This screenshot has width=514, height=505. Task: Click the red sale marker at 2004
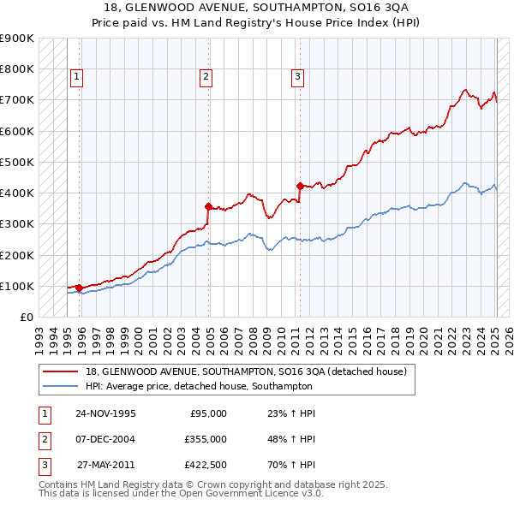coord(209,206)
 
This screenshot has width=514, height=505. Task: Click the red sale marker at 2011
coord(300,186)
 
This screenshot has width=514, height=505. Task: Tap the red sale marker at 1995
coord(79,288)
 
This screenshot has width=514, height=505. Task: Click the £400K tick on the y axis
coord(18,193)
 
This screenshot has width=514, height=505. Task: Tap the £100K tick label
coord(18,286)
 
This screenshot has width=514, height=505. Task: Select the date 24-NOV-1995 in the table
coord(105,413)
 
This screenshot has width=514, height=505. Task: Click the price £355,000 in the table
coord(205,439)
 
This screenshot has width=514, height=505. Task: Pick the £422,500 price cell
coord(205,465)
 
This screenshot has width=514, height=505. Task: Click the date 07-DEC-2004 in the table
coord(105,439)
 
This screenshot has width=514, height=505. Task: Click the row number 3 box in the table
coord(43,465)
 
